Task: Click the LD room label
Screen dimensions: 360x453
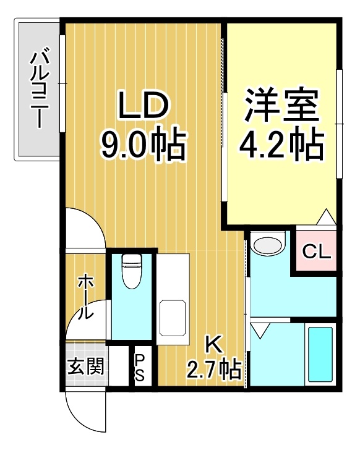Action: (x=143, y=104)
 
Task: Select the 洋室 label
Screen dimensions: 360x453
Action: (x=281, y=104)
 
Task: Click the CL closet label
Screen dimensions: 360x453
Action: (x=317, y=252)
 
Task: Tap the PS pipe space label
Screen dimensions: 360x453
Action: (x=140, y=368)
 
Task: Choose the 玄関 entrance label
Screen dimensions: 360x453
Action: (x=86, y=366)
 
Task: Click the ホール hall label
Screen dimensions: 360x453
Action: (x=85, y=297)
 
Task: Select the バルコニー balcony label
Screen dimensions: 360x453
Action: (x=40, y=90)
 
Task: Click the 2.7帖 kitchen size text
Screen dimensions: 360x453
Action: (x=214, y=369)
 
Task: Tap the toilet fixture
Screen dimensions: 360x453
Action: (x=132, y=271)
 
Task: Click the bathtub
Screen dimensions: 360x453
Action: (x=320, y=355)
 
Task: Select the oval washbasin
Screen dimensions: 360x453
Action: (x=267, y=245)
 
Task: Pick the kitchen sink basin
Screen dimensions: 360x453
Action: (x=173, y=318)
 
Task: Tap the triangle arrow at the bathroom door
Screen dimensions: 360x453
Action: (x=260, y=330)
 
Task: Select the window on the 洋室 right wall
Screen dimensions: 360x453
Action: (x=339, y=124)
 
